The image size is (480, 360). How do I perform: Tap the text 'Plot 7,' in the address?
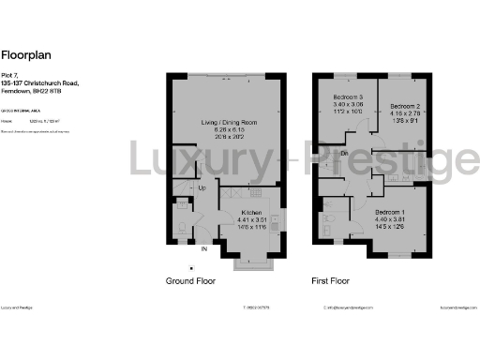(x=11, y=76)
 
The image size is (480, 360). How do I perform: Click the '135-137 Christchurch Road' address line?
(x=40, y=82)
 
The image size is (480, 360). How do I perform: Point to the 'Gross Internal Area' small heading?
(x=22, y=110)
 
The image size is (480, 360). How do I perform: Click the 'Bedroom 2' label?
(x=406, y=107)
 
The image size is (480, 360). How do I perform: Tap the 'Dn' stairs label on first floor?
(x=345, y=153)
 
